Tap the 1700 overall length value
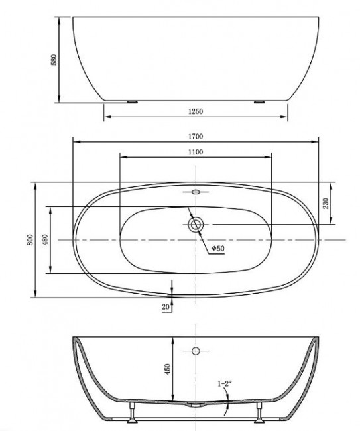[x=195, y=137]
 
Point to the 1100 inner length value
[x=195, y=153]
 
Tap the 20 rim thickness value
[x=165, y=306]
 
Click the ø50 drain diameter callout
[x=218, y=249]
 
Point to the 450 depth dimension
[x=167, y=367]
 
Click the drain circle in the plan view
[x=195, y=225]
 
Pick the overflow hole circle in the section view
[x=196, y=350]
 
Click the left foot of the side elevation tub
[x=133, y=102]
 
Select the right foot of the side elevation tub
[x=258, y=102]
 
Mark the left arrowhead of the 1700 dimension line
[x=74, y=141]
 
